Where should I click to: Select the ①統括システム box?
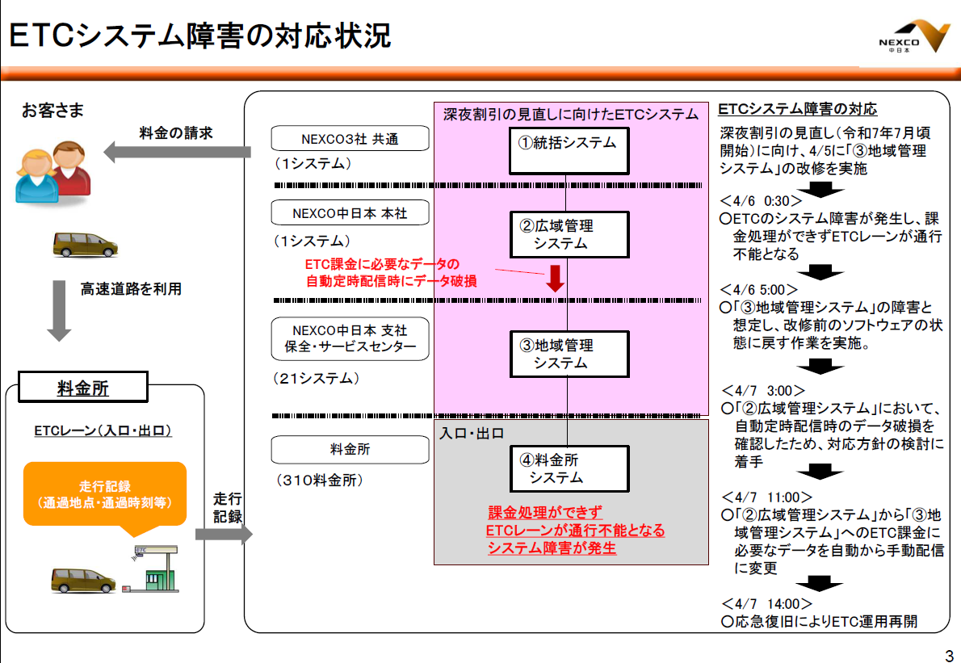[x=568, y=149]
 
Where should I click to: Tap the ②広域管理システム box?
[x=568, y=234]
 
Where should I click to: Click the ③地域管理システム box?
[x=568, y=354]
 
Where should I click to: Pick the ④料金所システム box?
[x=568, y=468]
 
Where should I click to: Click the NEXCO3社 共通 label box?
[x=338, y=138]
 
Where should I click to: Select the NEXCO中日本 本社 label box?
[x=338, y=213]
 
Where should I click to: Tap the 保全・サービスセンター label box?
[x=338, y=339]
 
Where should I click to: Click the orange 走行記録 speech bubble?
[x=105, y=495]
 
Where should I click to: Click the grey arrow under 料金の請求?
[x=177, y=151]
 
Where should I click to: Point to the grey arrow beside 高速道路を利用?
[x=60, y=310]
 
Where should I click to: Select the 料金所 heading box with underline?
[x=83, y=388]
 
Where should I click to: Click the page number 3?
[x=948, y=653]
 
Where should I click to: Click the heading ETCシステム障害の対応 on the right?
[x=797, y=109]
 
